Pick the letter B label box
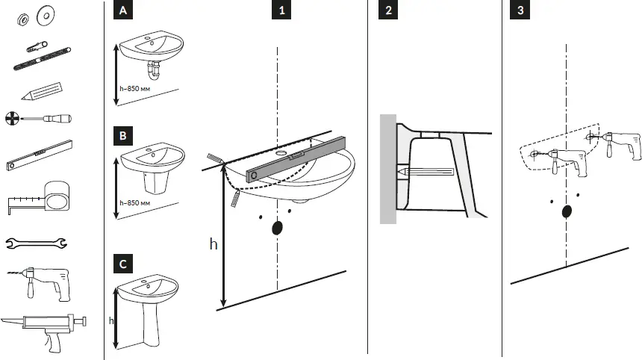click(122, 137)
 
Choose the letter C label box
click(122, 264)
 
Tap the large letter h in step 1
click(213, 243)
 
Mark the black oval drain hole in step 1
click(278, 228)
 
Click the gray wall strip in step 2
click(387, 169)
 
